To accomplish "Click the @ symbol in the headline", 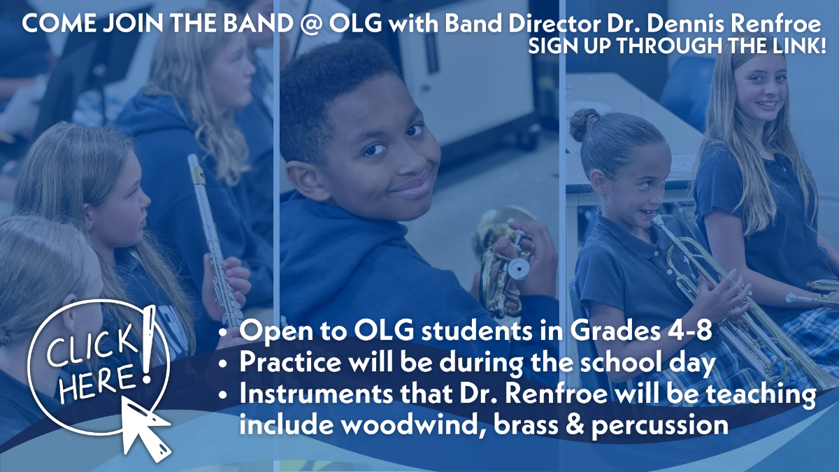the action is tap(311, 24).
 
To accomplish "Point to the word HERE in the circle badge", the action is tap(97, 383).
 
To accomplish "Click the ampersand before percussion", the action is tap(574, 424).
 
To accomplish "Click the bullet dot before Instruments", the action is tap(223, 395).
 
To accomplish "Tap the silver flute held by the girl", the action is tap(214, 240).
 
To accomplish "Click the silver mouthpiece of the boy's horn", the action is tap(519, 269).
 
